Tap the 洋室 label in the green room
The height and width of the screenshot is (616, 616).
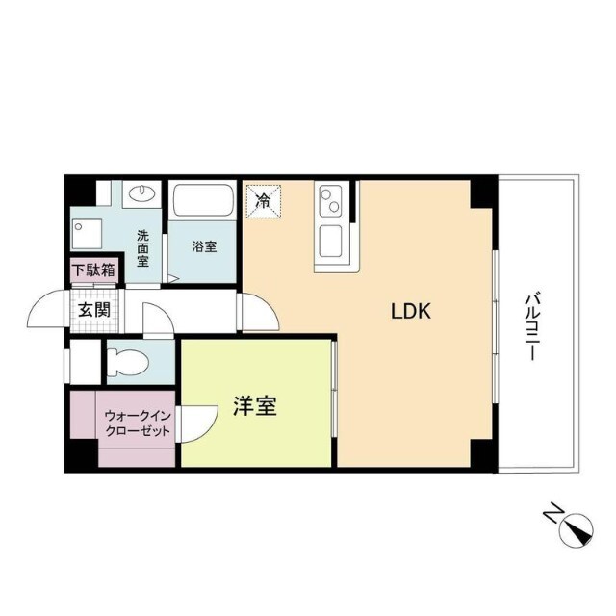coord(255,407)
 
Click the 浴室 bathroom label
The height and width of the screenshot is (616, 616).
coord(204,246)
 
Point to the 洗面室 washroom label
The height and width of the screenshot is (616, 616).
coord(142,247)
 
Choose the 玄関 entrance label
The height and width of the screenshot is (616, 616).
coord(93,310)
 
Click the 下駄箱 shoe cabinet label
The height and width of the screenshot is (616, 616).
coord(93,270)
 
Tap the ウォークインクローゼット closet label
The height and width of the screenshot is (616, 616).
coord(138,423)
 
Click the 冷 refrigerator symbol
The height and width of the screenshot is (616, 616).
coord(262,201)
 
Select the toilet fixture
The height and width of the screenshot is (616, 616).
coord(129,364)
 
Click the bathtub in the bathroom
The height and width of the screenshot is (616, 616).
coord(203,202)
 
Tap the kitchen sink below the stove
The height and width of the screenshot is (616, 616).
coord(330,240)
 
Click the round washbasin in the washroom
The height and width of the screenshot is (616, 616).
coord(142,192)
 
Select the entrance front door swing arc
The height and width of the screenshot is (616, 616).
coord(46,311)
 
